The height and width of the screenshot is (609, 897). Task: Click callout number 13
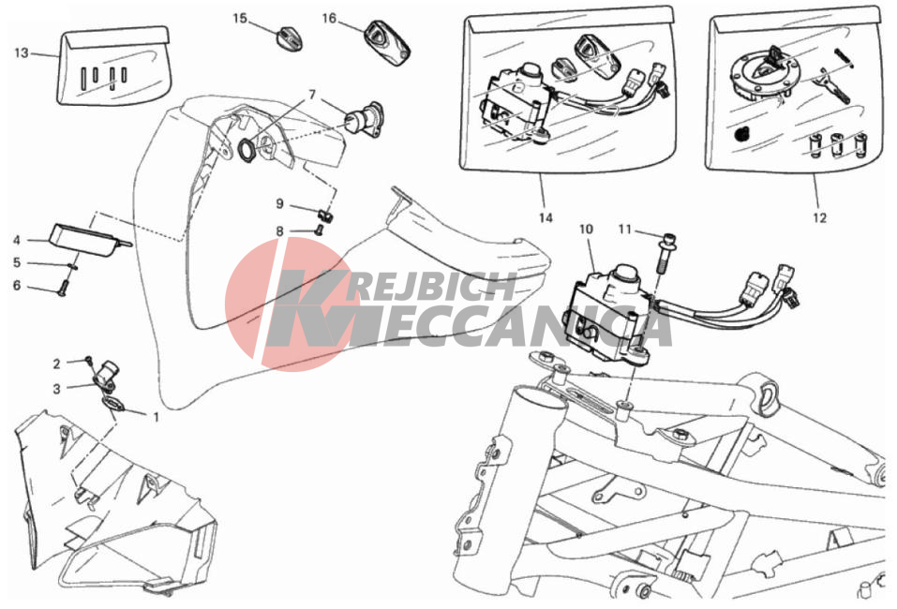pos(22,53)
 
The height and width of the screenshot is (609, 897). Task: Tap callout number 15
pos(240,19)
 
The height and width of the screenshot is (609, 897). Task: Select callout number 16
pos(329,19)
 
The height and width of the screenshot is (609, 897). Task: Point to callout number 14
pos(546,217)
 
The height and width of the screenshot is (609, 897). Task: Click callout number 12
pos(820,217)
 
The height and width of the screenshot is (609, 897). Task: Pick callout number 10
pos(586,230)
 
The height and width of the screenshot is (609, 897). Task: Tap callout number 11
pos(624,230)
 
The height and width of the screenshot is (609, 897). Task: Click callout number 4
pos(17,240)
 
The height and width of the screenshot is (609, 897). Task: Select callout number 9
pos(279,203)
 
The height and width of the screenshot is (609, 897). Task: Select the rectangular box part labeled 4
pos(86,240)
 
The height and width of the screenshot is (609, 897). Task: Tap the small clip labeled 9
pos(326,215)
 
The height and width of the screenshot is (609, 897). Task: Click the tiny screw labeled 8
pos(320,230)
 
